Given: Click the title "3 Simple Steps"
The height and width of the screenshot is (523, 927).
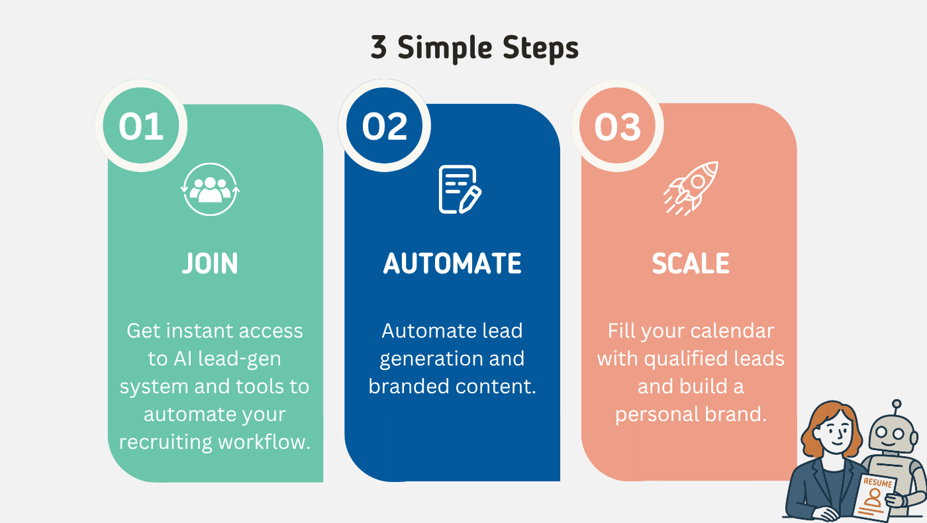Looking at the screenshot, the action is pos(474,48).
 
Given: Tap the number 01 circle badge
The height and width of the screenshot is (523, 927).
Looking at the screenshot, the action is pos(141,125).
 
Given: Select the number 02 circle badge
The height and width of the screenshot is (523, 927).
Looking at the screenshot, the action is pos(385,125).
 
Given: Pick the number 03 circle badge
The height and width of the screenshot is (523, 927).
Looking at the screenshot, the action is pos(617,125).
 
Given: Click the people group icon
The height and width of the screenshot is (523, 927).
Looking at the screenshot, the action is pos(211,189).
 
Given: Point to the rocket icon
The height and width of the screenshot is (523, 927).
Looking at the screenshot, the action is pos(691,188).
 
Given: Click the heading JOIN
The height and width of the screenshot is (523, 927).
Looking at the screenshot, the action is pos(211,263).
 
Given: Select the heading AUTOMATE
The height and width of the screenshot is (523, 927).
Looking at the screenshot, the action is pos(452,263).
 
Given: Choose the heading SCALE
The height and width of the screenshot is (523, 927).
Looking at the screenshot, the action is pos(691,263).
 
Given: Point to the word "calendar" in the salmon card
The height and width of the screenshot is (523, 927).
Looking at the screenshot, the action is pos(732,331).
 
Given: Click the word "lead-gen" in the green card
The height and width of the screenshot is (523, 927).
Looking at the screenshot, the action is pos(240,359).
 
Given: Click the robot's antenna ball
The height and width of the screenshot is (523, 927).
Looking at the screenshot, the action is pos(897,404).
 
